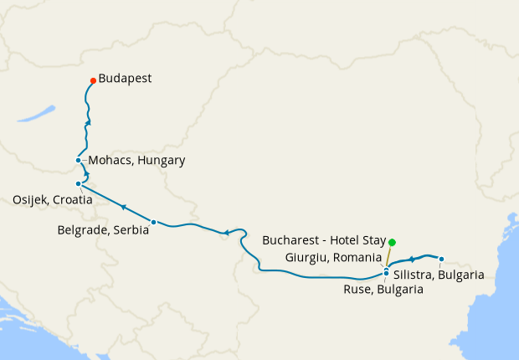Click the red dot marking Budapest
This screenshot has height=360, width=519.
[x=92, y=80]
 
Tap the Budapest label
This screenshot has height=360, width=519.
[x=125, y=79]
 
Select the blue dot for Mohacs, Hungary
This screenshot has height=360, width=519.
[x=78, y=160]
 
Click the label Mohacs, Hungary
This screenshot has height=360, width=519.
[x=136, y=160]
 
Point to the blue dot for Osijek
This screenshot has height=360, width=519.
[x=78, y=183]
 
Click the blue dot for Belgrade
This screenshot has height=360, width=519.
[x=152, y=222]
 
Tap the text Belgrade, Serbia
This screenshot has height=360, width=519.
[x=103, y=229]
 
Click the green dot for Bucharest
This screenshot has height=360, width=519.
[x=392, y=242]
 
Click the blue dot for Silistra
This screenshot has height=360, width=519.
[x=441, y=259]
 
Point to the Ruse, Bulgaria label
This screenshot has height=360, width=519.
[x=383, y=290]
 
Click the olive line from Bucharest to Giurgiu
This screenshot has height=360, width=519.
[x=389, y=255]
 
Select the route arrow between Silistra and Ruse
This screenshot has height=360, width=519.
[x=413, y=260]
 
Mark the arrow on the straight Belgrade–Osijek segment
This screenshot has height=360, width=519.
[x=123, y=207]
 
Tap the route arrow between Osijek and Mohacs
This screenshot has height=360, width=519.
[x=86, y=174]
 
